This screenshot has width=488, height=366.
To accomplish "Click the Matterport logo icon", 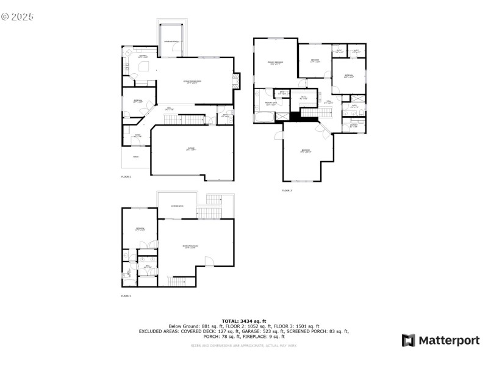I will click(x=408, y=340).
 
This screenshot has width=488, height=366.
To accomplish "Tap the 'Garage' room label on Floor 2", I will click(x=191, y=149).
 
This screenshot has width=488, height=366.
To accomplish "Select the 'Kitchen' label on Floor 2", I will click(x=143, y=56).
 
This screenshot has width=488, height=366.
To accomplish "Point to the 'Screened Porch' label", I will click(x=171, y=41).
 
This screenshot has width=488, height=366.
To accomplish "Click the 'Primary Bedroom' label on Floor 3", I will click(x=274, y=63).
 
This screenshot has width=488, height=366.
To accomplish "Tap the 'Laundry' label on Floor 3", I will click(x=353, y=126).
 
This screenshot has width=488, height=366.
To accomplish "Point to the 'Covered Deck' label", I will click(x=177, y=206).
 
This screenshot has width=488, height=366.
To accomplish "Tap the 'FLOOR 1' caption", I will click(x=126, y=296).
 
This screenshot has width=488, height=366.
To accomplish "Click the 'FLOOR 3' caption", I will click(x=287, y=190).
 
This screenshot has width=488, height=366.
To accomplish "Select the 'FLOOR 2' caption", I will click(x=126, y=176).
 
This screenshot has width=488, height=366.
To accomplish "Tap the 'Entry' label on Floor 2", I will click(x=138, y=136).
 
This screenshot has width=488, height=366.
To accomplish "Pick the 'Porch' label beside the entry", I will click(x=135, y=157).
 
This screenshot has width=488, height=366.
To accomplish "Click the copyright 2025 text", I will click(x=18, y=16).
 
